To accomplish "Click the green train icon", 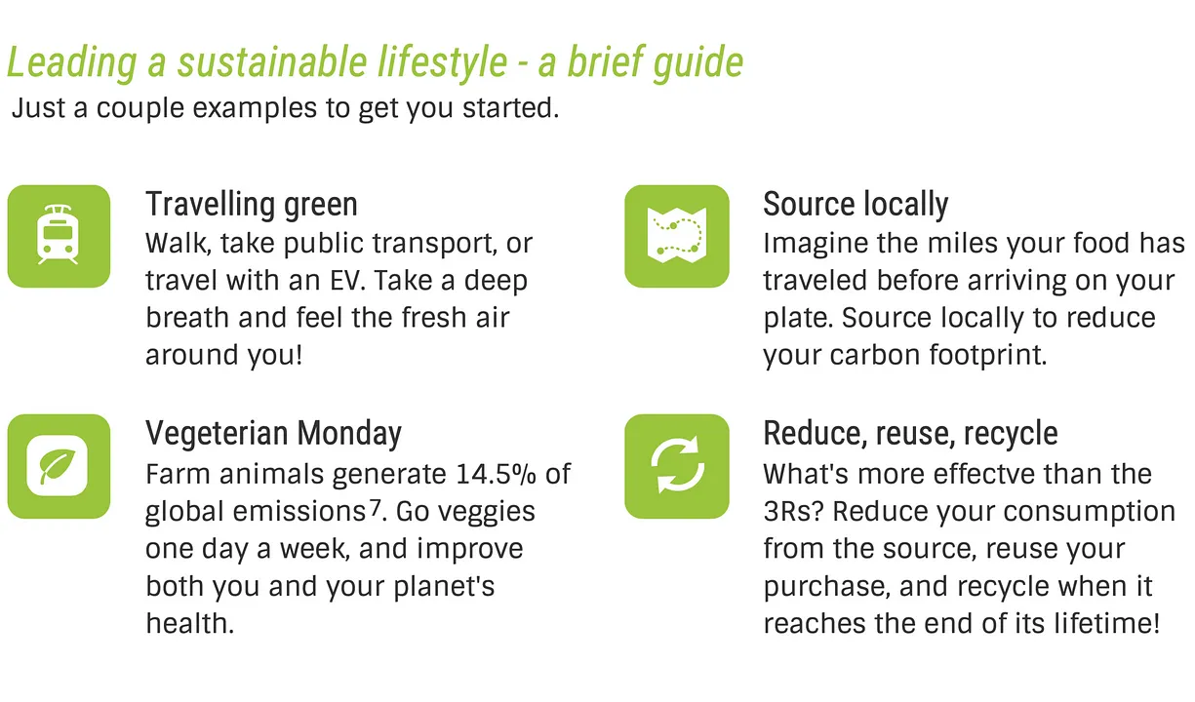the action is click(59, 236).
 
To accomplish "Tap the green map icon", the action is click(676, 236).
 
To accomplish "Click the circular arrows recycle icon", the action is click(676, 466).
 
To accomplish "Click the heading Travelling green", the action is click(252, 204).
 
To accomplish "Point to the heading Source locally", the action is click(856, 204).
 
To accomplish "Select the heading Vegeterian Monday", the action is click(274, 433).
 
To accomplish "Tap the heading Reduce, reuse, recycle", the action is click(910, 433).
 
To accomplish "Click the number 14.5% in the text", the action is click(497, 474).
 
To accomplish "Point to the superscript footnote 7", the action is click(376, 507).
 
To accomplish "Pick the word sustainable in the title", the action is click(272, 61).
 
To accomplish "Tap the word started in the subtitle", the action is click(510, 108).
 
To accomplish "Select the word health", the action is click(190, 624).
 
